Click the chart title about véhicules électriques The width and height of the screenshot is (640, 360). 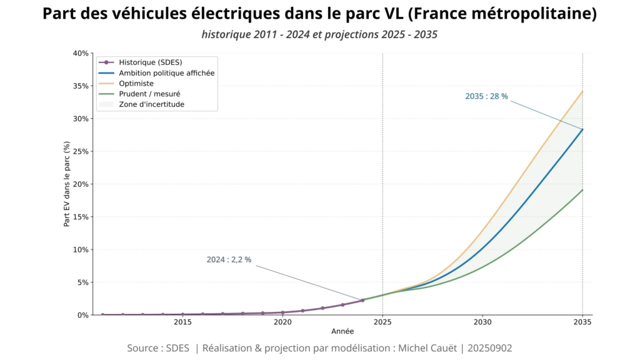319,14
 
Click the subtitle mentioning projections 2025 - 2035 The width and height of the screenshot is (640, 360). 319,34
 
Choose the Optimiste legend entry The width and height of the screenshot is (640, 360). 136,83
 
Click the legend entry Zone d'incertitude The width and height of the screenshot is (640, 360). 151,104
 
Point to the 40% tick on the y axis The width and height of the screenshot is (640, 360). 80,53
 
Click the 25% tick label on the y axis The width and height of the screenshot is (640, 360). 80,151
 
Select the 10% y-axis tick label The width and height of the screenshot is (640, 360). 80,249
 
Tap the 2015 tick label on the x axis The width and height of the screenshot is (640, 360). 182,322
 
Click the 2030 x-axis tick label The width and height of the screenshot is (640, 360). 482,322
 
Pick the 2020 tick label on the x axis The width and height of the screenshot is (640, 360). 282,322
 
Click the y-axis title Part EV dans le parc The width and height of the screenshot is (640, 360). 66,184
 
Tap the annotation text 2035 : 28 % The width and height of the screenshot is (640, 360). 486,96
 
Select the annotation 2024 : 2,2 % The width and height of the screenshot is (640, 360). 229,259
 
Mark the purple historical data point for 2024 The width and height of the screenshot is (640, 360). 362,301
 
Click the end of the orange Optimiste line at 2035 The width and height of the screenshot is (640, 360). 582,92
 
